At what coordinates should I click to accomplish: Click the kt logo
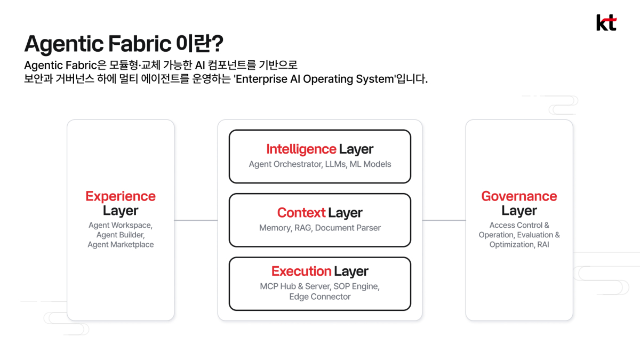click(606, 22)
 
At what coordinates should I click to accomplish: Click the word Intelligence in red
click(301, 149)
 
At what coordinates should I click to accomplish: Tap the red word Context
click(301, 213)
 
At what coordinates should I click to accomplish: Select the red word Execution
click(301, 271)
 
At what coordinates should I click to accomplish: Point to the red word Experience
click(121, 196)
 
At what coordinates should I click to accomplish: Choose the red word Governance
click(519, 196)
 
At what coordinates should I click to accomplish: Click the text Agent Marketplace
click(121, 245)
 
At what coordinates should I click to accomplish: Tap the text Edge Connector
click(319, 297)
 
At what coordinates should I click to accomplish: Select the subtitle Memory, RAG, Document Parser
click(319, 228)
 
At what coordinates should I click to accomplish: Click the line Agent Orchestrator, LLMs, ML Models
click(319, 164)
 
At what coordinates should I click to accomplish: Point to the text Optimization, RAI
click(519, 245)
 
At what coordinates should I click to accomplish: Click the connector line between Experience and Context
click(196, 220)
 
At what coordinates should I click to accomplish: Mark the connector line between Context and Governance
click(444, 220)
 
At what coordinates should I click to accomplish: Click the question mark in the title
click(218, 43)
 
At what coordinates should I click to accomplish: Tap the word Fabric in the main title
click(140, 44)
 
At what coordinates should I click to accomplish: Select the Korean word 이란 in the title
click(194, 43)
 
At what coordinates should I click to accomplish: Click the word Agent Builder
click(121, 235)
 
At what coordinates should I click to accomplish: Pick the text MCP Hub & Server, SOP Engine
click(319, 286)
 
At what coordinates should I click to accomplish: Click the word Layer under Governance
click(519, 211)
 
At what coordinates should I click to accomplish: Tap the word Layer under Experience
click(121, 211)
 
